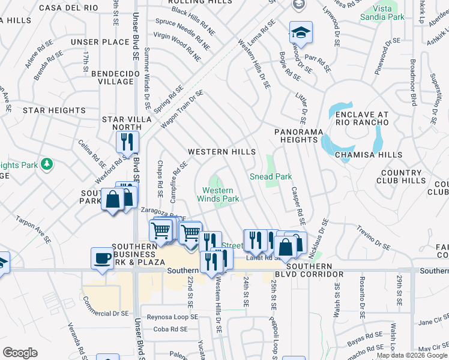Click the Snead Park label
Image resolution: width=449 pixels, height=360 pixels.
click(x=271, y=177)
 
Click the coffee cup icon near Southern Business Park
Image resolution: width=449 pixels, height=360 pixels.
click(x=103, y=258)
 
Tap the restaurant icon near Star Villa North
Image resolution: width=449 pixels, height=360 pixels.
click(x=127, y=142)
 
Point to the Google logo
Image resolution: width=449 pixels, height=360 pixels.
click(x=20, y=353)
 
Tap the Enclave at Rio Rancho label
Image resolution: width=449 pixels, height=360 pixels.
click(x=362, y=119)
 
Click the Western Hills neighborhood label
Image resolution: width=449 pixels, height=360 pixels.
click(x=221, y=152)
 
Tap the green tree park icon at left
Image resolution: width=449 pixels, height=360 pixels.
click(x=46, y=164)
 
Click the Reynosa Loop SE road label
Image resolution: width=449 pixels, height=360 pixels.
click(x=169, y=317)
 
